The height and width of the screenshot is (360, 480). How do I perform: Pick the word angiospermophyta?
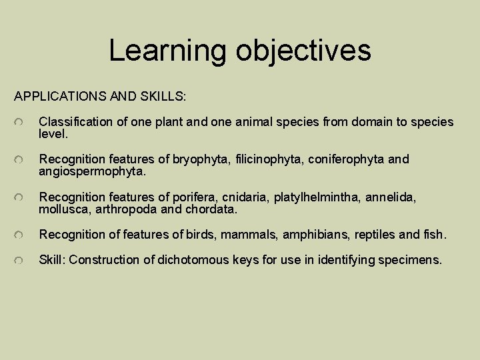pyautogui.click(x=91, y=172)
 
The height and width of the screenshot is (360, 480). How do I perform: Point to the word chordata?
pyautogui.click(x=213, y=209)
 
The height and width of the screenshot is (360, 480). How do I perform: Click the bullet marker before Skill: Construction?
pyautogui.click(x=21, y=259)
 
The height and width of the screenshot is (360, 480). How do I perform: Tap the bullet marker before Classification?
pyautogui.click(x=21, y=122)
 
